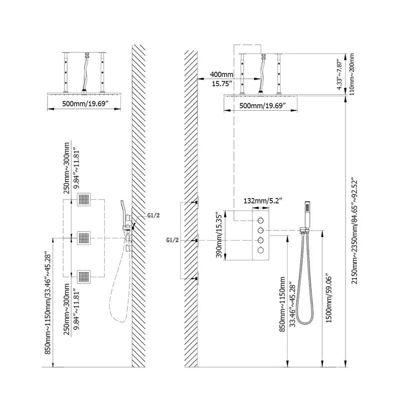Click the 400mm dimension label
[222, 74]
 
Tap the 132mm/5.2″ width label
[263, 200]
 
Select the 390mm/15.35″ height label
[219, 235]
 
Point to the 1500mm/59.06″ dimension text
[329, 299]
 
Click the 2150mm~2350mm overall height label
[354, 230]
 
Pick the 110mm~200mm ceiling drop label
[352, 74]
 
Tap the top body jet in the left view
[84, 199]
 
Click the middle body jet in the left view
[84, 238]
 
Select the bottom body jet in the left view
[84, 277]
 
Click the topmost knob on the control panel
[261, 221]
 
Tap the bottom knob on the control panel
[261, 250]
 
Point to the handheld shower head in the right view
[307, 215]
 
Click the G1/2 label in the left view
[153, 216]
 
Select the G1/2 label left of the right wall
[172, 240]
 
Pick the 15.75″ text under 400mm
[222, 84]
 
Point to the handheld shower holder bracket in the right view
[305, 231]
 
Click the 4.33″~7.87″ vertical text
[339, 75]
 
